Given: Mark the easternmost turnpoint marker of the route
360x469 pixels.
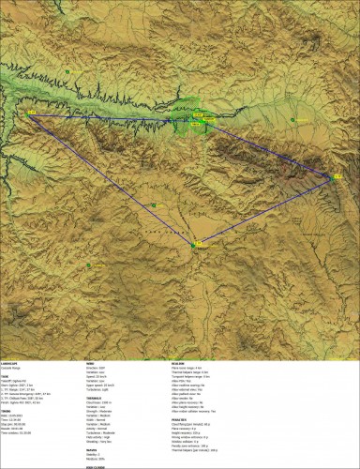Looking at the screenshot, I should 334,174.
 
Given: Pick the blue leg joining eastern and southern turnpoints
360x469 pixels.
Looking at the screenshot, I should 264,209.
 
